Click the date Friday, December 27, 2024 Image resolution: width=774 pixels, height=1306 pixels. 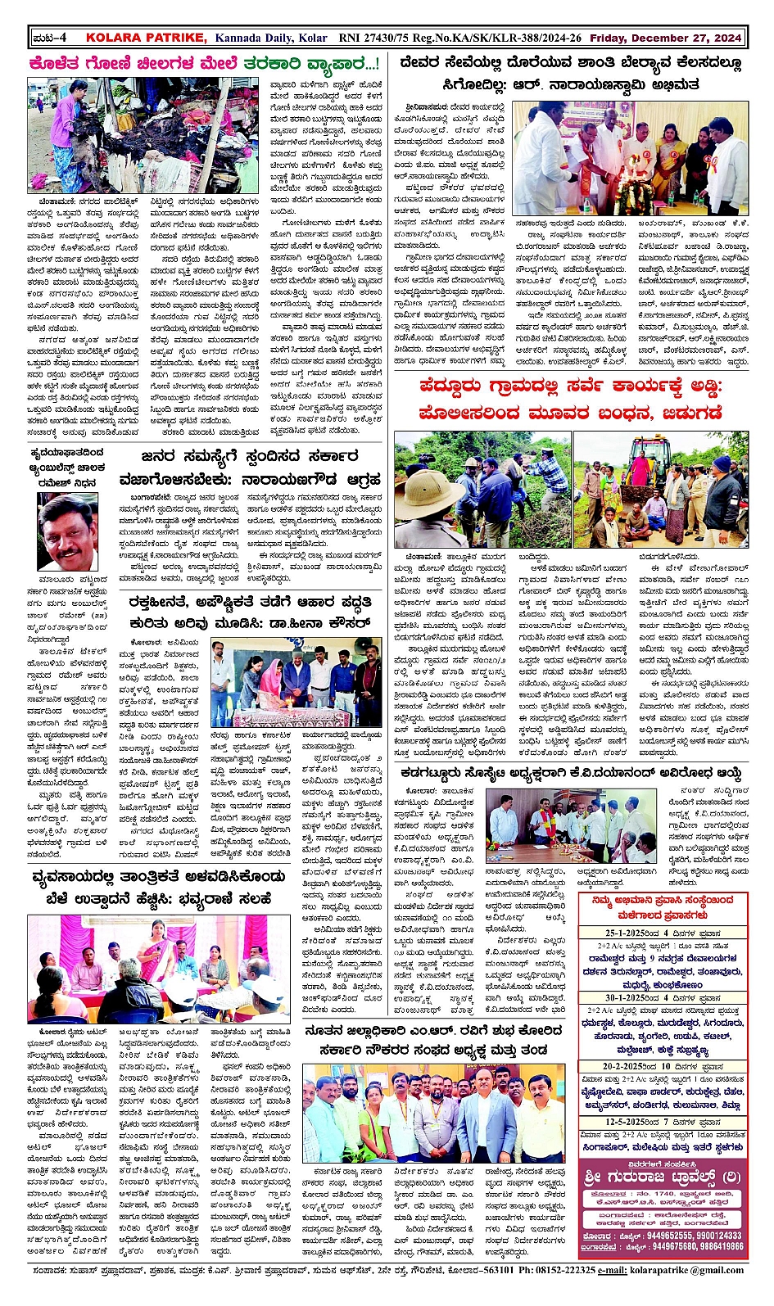(x=665, y=38)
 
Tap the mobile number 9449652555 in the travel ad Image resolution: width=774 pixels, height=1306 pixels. (x=669, y=1236)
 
